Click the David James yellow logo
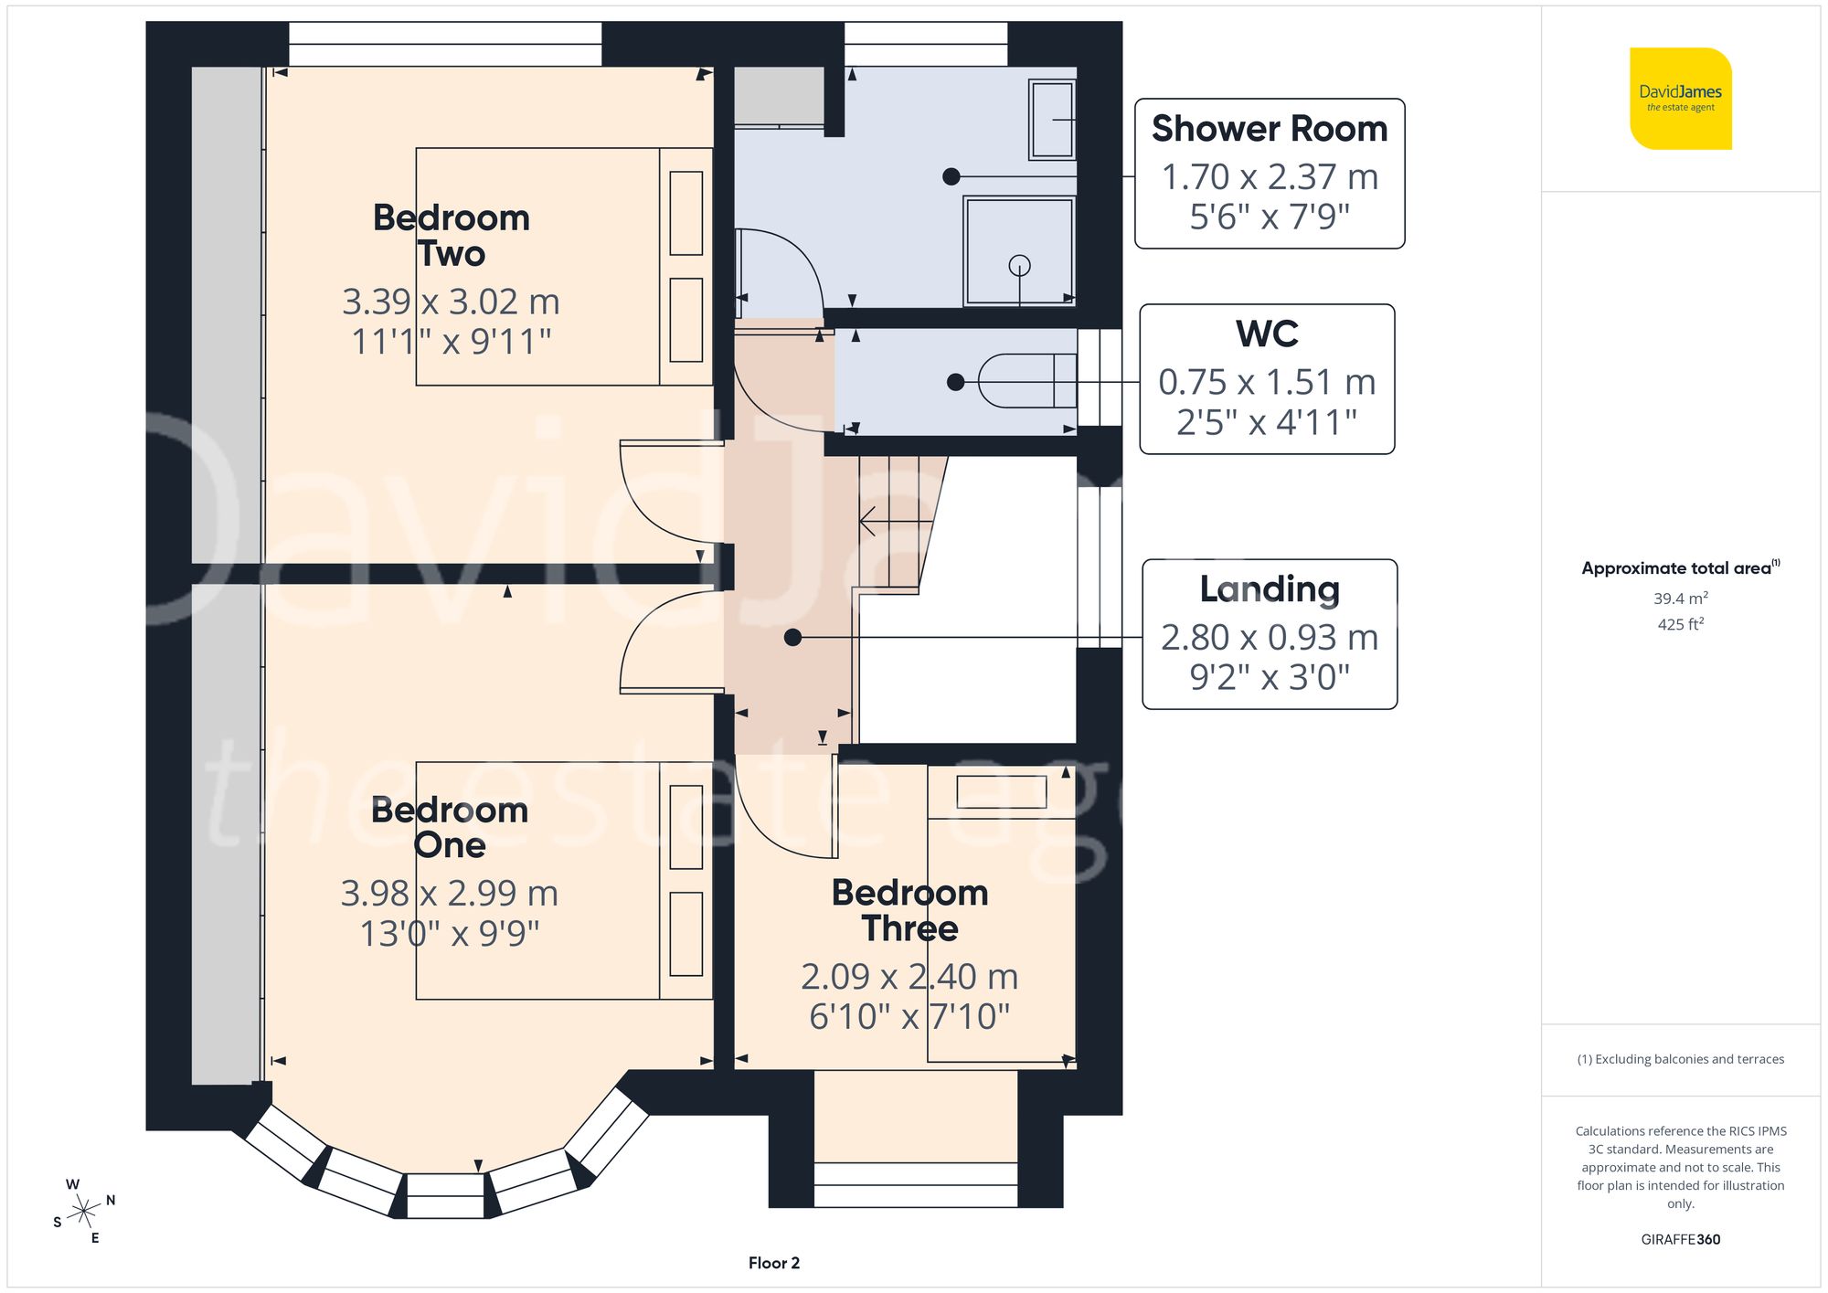coord(1680,99)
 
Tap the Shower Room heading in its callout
coord(1269,129)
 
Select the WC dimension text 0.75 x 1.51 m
coord(1267,382)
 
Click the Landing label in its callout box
coord(1269,589)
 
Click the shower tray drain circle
coord(1019,265)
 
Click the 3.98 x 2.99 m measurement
coord(449,893)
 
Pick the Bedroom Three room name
coord(909,910)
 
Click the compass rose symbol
coord(84,1212)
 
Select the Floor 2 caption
coord(773,1263)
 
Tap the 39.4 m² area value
coord(1680,599)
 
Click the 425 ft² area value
coord(1680,624)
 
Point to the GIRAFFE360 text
coord(1680,1239)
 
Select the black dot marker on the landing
coord(792,638)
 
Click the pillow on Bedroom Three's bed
coord(1001,791)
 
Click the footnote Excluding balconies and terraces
coord(1680,1059)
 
